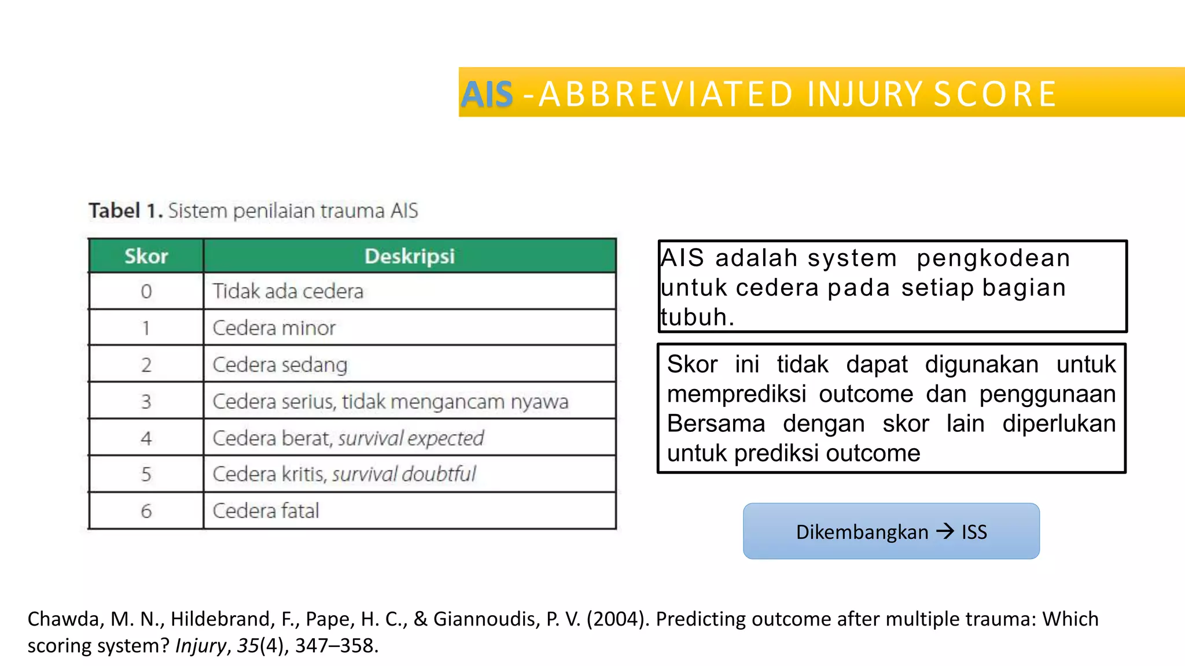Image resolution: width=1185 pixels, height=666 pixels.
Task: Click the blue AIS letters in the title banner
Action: click(x=487, y=94)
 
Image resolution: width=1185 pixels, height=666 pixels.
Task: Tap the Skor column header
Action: click(x=146, y=256)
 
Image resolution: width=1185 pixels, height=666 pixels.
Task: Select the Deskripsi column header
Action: click(x=410, y=256)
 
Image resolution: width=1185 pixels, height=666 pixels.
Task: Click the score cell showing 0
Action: click(x=146, y=291)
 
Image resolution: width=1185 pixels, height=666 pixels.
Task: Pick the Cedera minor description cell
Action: click(x=274, y=328)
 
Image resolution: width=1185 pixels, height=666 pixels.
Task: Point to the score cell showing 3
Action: click(x=146, y=402)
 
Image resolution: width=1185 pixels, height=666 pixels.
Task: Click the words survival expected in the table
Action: click(x=411, y=438)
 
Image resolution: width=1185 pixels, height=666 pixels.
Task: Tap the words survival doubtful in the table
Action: click(x=404, y=475)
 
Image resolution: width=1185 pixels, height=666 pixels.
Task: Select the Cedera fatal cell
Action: click(x=266, y=511)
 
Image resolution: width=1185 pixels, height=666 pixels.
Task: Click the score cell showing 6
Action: click(x=146, y=511)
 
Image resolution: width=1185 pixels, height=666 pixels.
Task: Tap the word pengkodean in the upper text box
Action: click(x=993, y=258)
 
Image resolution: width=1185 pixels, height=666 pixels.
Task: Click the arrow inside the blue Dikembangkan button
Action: click(x=945, y=531)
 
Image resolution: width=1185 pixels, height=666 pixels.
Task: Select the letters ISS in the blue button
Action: click(x=974, y=532)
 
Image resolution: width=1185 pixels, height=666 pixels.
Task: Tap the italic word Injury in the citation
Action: click(x=200, y=646)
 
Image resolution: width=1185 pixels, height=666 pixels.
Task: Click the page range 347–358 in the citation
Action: click(x=335, y=646)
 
